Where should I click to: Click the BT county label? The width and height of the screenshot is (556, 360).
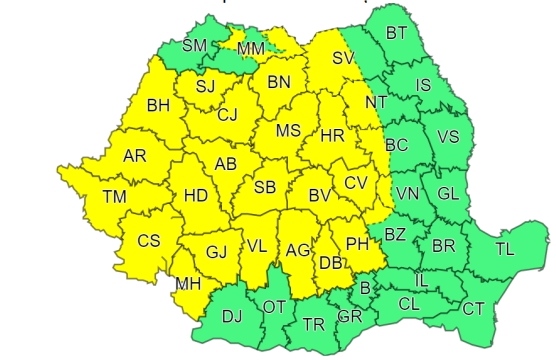pos(397,33)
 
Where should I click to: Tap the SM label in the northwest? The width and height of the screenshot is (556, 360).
pos(195,45)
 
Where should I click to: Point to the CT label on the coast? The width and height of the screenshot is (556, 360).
pos(472,308)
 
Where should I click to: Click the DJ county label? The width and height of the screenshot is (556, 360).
pos(232,318)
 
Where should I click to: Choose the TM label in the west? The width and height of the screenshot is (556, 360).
pos(114,197)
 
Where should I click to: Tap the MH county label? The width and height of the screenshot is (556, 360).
pos(187,284)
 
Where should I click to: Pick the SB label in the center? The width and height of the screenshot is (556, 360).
pos(264,187)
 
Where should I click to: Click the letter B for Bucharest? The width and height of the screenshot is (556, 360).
pos(365,289)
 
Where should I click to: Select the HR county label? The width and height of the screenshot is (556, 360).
pos(331,135)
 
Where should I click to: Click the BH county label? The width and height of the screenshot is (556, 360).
pos(158,105)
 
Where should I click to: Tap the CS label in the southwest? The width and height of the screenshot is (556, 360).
pos(148,241)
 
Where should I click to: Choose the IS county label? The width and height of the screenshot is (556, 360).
pos(423,86)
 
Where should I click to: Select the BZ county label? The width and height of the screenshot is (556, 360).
pos(395,235)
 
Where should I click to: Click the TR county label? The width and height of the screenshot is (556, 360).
pos(313,324)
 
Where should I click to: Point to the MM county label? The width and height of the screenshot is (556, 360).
pos(251,48)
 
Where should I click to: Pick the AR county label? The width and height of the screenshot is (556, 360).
pos(134,157)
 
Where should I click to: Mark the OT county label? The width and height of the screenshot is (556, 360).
pos(274,307)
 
